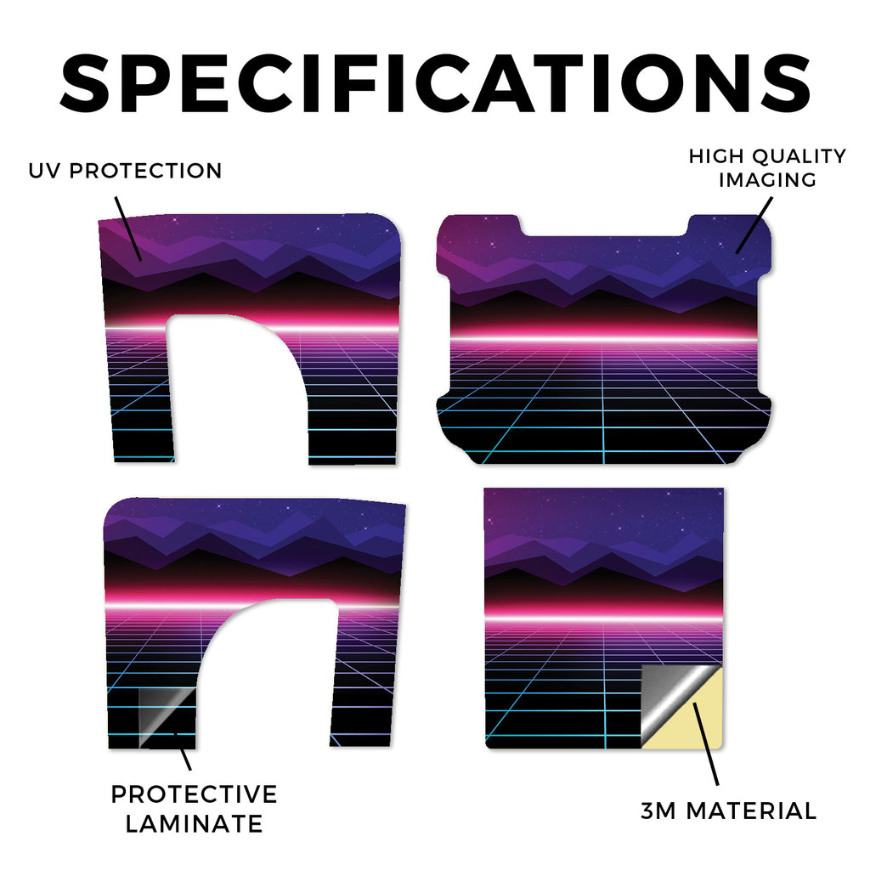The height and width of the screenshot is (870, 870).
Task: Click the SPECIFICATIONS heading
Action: (x=435, y=83)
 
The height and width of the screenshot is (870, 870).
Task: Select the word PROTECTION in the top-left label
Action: (x=145, y=171)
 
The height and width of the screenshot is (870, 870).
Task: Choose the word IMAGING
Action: (x=768, y=180)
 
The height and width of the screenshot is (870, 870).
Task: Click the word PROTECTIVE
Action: (x=195, y=794)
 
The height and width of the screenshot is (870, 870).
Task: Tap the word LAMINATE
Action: (x=195, y=823)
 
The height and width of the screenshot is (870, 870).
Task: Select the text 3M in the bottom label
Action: (x=658, y=811)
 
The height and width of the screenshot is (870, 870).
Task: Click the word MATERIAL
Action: (x=752, y=811)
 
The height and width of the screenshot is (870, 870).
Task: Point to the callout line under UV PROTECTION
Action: (x=128, y=229)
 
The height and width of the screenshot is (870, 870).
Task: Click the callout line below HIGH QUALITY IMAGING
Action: (x=754, y=226)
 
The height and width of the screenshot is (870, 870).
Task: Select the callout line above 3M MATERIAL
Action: (x=706, y=743)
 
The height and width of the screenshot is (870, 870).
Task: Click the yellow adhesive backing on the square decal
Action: (x=697, y=721)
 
